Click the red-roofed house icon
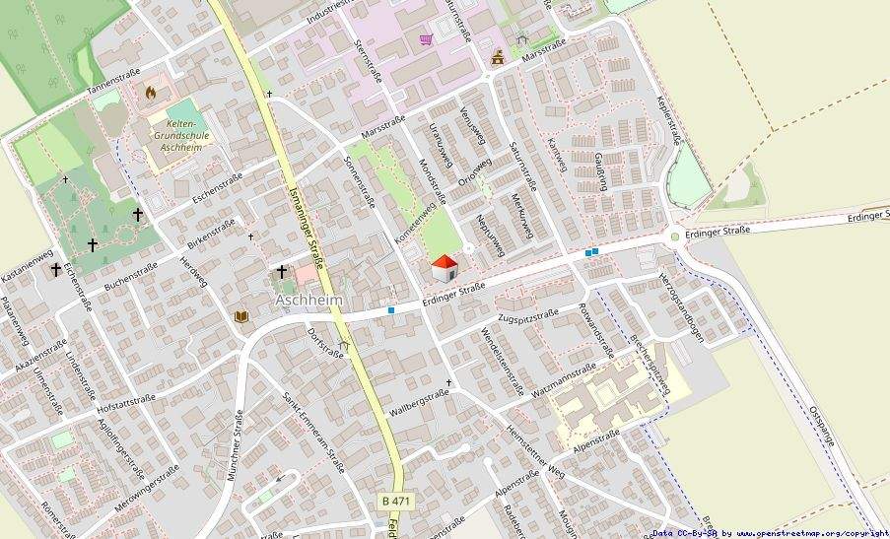(445, 268)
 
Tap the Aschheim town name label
(309, 299)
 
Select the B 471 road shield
(396, 501)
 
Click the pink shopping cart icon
(426, 39)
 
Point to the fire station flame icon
(151, 92)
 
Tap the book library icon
(241, 316)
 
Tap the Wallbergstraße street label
(418, 401)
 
